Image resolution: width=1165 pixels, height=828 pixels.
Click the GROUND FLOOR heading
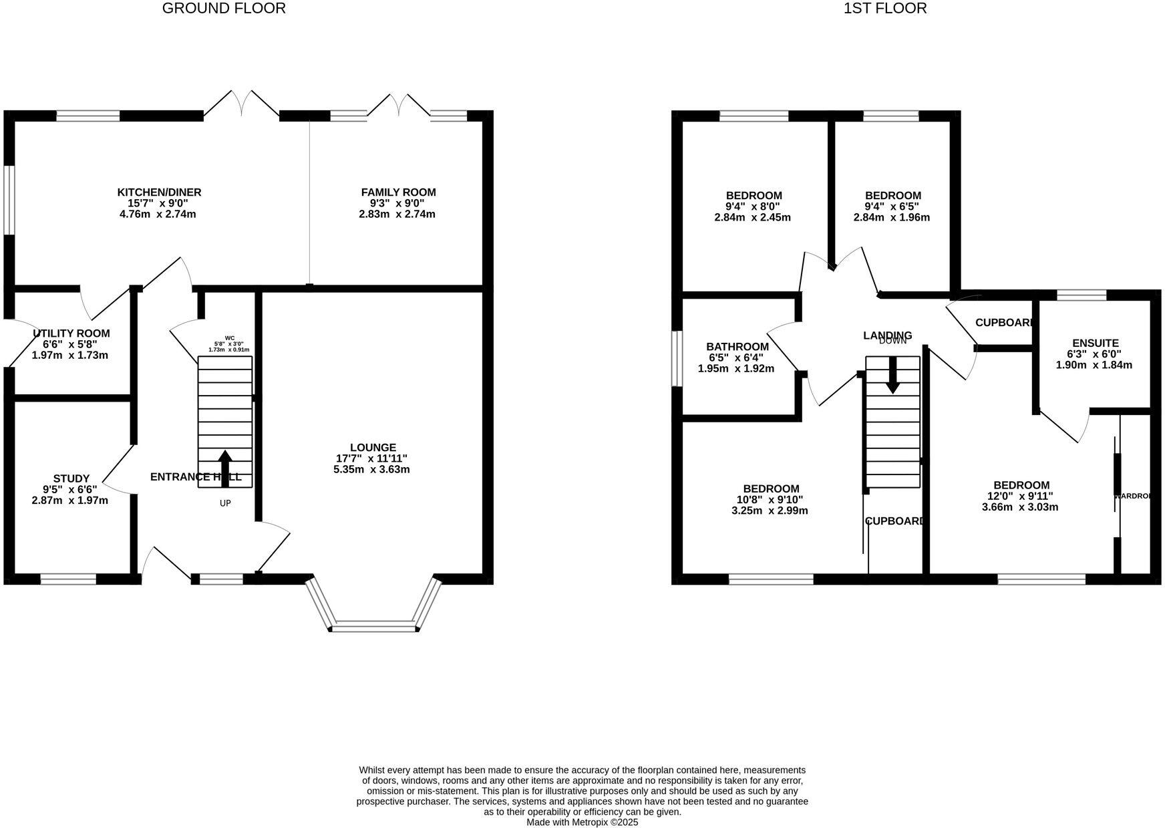click(224, 9)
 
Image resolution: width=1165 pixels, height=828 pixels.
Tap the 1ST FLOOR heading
click(885, 9)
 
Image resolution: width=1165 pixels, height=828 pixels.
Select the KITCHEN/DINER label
click(159, 192)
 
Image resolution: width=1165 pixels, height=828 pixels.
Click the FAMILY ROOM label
click(398, 192)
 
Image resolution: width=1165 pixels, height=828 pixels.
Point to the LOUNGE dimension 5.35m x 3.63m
click(371, 469)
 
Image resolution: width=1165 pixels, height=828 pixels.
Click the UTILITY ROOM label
click(71, 333)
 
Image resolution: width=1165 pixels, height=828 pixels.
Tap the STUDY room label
click(71, 478)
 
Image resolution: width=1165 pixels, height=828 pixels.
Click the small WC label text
click(230, 338)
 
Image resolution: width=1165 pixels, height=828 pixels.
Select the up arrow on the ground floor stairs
click(225, 468)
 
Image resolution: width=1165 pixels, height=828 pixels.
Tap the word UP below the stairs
click(225, 503)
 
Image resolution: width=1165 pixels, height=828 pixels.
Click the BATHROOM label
click(737, 347)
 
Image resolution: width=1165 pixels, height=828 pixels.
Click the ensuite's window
click(1081, 295)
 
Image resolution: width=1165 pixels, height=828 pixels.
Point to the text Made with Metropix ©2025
click(582, 823)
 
